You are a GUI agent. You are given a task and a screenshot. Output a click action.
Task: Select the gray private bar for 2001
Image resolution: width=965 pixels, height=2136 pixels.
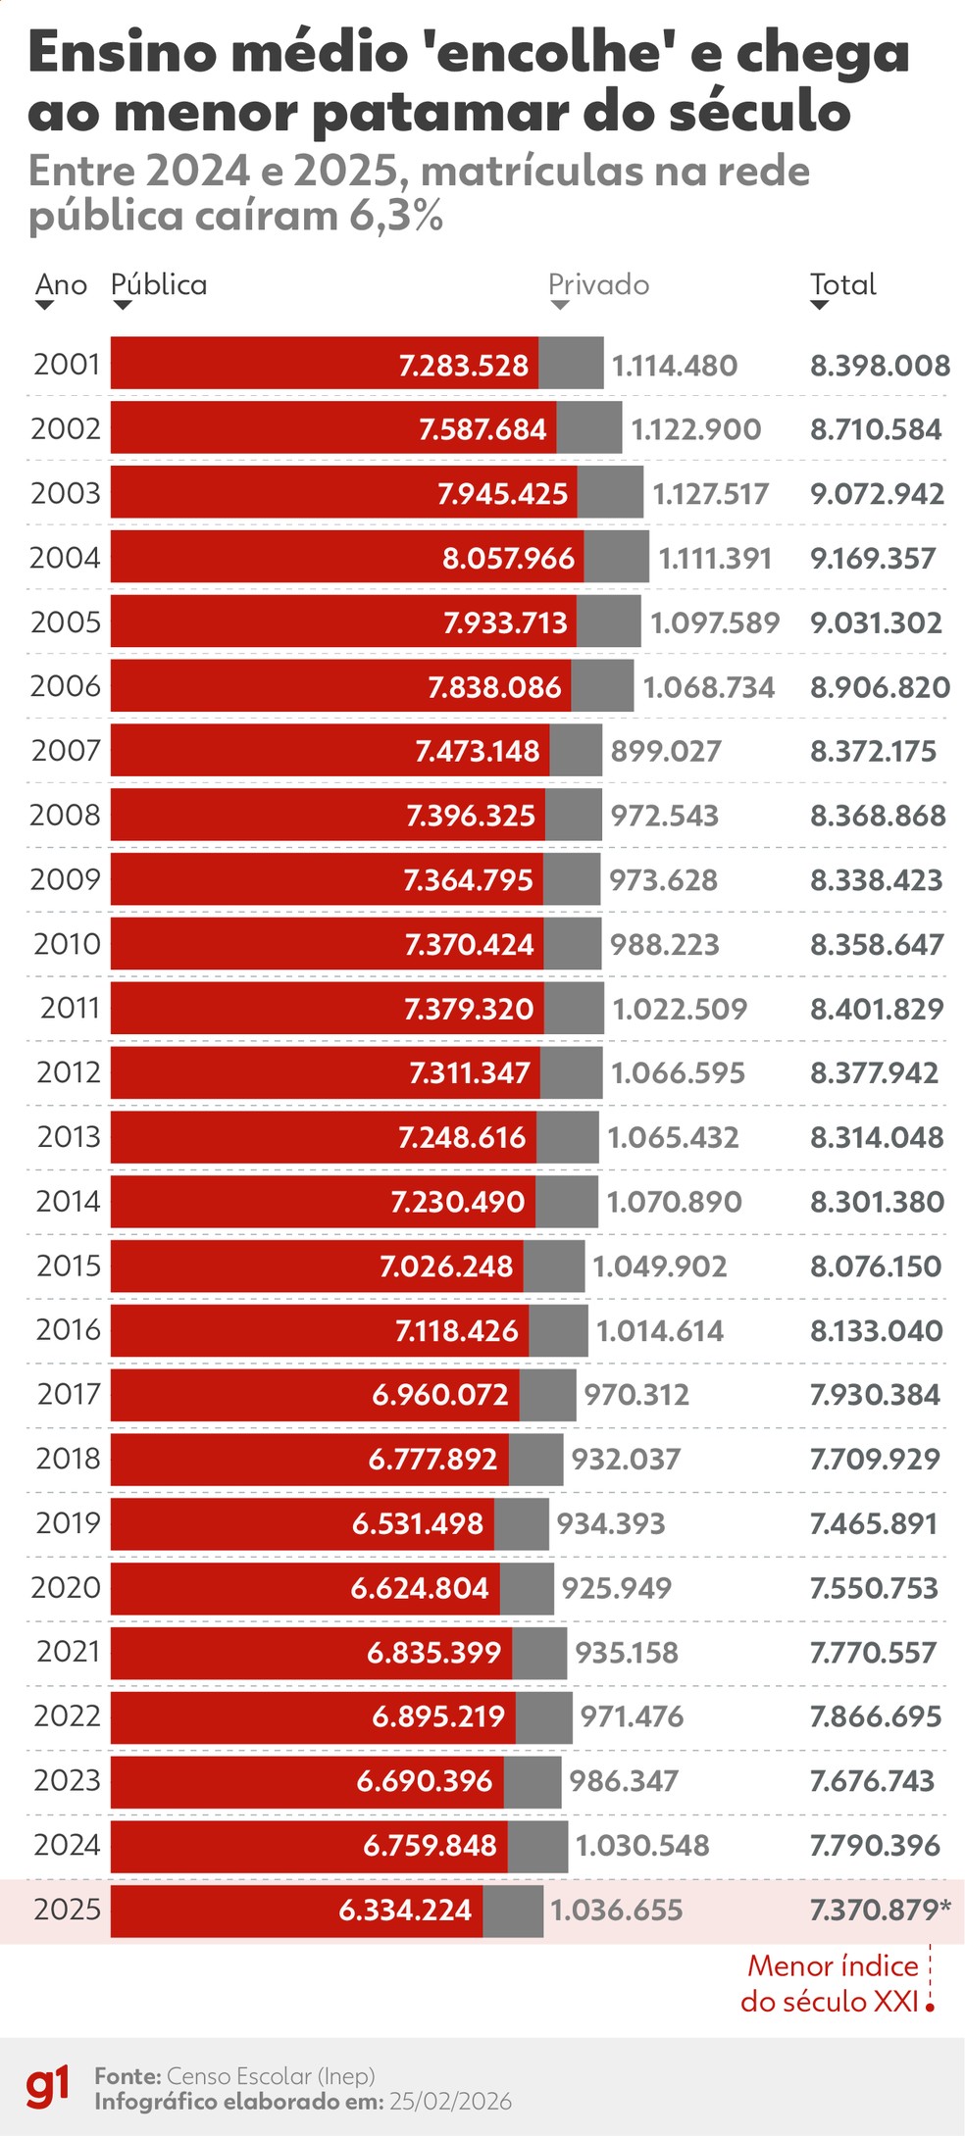pyautogui.click(x=571, y=364)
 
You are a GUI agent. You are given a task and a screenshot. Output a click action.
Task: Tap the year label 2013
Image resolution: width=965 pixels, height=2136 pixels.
pyautogui.click(x=69, y=1136)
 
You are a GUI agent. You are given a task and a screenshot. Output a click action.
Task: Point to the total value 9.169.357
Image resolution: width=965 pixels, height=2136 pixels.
pyautogui.click(x=873, y=558)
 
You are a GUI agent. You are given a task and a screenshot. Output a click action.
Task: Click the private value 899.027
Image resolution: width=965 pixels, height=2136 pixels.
pyautogui.click(x=666, y=751)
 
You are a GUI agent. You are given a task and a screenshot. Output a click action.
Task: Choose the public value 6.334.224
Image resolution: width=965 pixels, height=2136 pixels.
pyautogui.click(x=405, y=1910)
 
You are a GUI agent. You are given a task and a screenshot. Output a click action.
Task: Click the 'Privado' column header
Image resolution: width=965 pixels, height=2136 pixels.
pyautogui.click(x=598, y=285)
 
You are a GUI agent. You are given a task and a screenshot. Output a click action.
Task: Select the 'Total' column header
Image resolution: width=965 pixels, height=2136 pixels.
pyautogui.click(x=842, y=285)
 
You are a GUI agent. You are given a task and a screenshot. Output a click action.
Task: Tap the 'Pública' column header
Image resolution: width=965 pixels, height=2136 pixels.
pyautogui.click(x=159, y=285)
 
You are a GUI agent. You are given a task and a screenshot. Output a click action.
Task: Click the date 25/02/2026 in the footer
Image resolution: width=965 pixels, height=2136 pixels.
pyautogui.click(x=450, y=2101)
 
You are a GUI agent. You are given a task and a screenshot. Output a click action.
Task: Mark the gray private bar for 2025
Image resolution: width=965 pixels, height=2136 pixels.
pyautogui.click(x=513, y=1910)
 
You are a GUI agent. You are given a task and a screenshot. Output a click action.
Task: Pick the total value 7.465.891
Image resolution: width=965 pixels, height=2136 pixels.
pyautogui.click(x=873, y=1523)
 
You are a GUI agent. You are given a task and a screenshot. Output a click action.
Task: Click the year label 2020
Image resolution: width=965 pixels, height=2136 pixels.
pyautogui.click(x=66, y=1587)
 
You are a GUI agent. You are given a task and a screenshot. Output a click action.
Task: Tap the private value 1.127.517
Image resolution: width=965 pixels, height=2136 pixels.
pyautogui.click(x=711, y=493)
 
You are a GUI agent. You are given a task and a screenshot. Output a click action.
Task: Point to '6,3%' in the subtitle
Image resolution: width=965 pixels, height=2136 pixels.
pyautogui.click(x=396, y=217)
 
